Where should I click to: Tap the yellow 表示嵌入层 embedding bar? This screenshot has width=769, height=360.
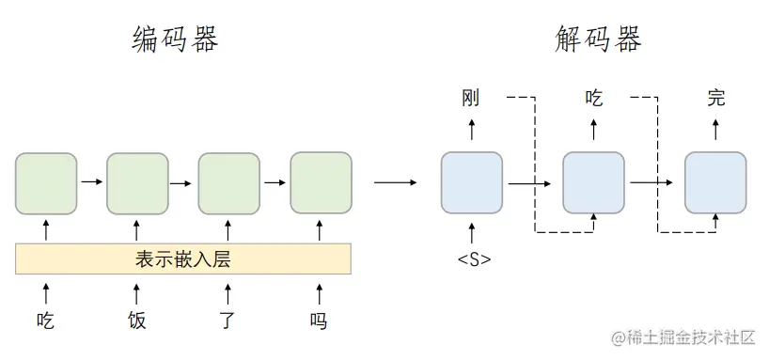[183, 258]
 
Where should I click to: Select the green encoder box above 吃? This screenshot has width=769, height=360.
[45, 182]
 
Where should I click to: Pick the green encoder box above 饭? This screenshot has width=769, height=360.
[137, 182]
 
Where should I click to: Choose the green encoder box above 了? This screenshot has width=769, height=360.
[228, 182]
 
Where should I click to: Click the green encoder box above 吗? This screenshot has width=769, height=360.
[321, 182]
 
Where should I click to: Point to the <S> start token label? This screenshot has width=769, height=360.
[472, 258]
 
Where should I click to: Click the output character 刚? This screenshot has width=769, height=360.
[472, 98]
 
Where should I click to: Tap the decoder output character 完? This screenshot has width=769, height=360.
[715, 98]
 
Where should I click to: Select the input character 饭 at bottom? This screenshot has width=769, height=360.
[137, 321]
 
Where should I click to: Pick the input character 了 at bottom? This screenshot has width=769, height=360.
[228, 321]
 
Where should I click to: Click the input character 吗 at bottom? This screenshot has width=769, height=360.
[320, 321]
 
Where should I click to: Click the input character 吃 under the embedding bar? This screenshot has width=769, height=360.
[45, 321]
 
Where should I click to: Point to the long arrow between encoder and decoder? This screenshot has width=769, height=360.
[395, 182]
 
